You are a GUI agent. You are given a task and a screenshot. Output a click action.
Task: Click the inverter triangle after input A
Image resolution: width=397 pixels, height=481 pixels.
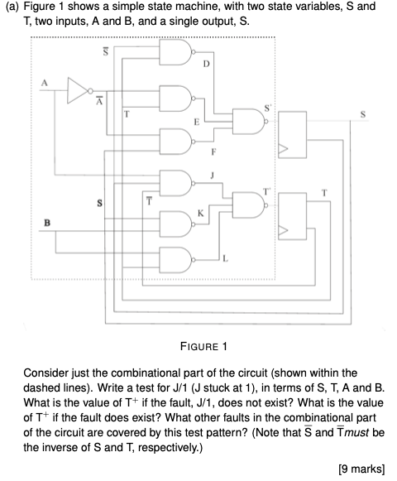point(79,91)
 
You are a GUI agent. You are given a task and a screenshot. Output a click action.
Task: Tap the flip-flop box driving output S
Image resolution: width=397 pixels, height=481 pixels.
point(292,135)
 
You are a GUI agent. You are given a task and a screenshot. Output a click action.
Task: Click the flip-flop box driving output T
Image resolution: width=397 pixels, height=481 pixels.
point(292,216)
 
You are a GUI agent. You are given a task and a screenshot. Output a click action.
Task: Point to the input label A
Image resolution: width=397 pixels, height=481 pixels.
point(45,83)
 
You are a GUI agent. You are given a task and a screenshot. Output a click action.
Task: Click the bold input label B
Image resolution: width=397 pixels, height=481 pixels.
point(47,223)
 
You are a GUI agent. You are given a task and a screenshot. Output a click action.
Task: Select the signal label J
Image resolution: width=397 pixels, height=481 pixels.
point(212,176)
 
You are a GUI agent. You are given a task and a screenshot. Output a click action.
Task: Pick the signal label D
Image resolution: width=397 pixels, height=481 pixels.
point(206,64)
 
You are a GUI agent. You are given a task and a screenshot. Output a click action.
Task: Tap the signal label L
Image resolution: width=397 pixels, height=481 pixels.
point(225,259)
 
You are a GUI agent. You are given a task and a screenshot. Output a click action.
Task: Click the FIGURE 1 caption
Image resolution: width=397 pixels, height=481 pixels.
point(203,347)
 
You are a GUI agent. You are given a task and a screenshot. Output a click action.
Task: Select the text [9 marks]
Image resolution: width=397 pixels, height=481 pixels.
point(361,469)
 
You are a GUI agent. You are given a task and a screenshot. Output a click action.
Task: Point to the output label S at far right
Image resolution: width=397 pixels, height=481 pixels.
point(363,114)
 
